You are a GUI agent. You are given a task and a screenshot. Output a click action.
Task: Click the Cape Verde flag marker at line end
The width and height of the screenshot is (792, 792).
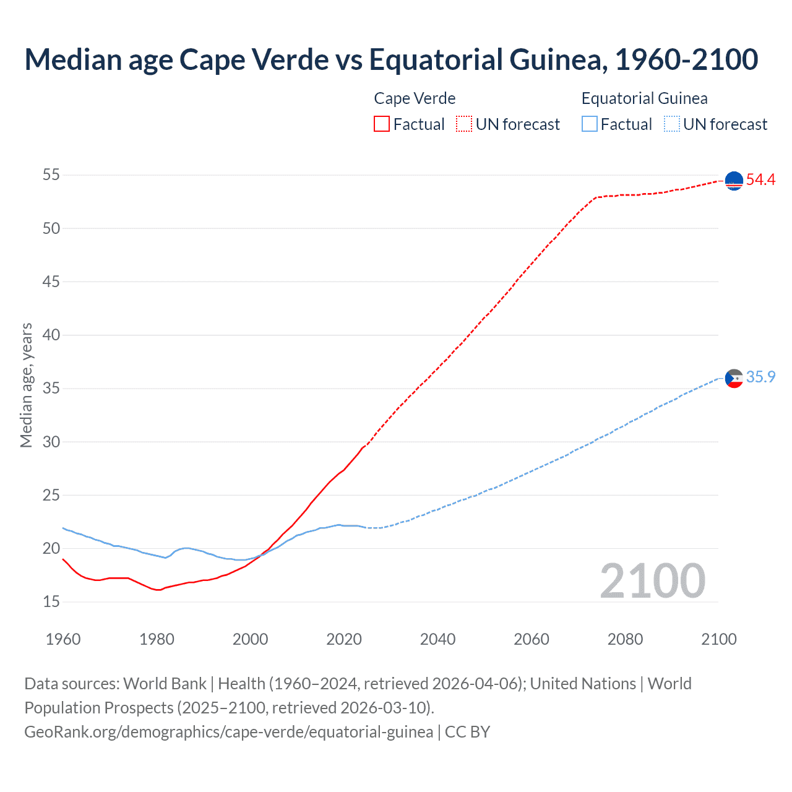(x=734, y=181)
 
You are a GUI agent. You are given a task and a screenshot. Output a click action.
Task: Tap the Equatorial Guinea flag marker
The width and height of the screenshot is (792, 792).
(x=734, y=377)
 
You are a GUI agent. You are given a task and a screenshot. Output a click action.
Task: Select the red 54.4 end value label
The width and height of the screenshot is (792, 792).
(x=760, y=180)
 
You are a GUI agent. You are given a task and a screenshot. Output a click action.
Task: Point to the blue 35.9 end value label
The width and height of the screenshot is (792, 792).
(x=760, y=377)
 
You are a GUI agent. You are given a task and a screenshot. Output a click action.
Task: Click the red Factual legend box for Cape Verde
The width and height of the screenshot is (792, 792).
(x=382, y=124)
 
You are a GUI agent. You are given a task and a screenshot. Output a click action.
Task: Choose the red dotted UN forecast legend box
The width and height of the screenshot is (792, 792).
(x=464, y=124)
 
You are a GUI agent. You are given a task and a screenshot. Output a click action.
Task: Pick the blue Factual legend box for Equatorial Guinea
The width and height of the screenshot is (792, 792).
(x=590, y=124)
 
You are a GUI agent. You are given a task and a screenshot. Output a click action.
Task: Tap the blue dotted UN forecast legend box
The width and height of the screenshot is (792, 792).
(x=671, y=124)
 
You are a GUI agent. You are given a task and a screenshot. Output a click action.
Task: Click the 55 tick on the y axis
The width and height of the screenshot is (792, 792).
(x=51, y=175)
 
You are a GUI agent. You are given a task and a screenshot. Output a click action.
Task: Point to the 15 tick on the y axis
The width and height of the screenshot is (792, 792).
(x=51, y=602)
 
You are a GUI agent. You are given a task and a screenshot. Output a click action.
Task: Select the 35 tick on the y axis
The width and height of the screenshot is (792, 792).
(x=51, y=389)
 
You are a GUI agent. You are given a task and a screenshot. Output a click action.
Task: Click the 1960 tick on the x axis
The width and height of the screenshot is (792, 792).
(x=63, y=639)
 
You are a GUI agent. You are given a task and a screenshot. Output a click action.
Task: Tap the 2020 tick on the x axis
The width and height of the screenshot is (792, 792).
(x=344, y=639)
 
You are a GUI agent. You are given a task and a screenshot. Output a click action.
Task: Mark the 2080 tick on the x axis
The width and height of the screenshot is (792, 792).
(x=625, y=639)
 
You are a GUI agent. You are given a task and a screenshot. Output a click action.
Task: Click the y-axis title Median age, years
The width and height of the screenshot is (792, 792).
(x=26, y=385)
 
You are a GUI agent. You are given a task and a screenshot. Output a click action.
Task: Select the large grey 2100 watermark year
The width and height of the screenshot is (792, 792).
(x=652, y=581)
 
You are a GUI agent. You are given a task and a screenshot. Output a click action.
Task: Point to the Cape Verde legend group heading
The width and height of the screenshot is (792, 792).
(x=415, y=98)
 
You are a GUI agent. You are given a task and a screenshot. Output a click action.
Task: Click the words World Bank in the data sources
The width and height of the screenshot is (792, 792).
(x=165, y=684)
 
